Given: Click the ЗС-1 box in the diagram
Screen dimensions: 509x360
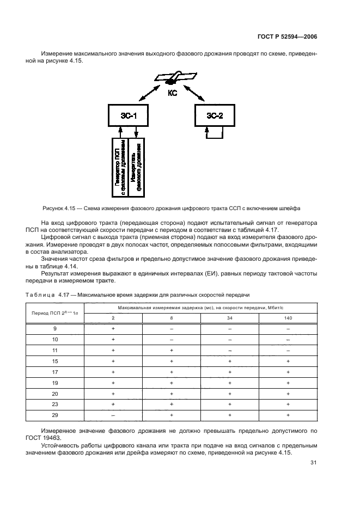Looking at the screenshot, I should coord(129,116).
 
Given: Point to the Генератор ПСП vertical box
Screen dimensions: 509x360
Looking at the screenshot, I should coord(120,167).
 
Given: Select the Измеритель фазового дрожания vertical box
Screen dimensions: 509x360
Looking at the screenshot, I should coord(136,167).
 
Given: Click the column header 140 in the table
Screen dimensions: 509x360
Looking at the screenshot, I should coord(288,317).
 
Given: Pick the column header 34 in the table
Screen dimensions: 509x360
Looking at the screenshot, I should coord(230,317).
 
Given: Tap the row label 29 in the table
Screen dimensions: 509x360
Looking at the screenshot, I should coord(55,415).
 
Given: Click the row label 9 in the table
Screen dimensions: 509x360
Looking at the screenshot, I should coord(55,329).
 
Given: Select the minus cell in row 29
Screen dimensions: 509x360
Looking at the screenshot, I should coord(113,415).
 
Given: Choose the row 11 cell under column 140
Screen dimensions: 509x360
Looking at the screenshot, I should coord(288,351).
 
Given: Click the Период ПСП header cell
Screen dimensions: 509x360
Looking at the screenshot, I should coord(55,313).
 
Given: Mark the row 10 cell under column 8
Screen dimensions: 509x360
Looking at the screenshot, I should coord(171,340).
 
